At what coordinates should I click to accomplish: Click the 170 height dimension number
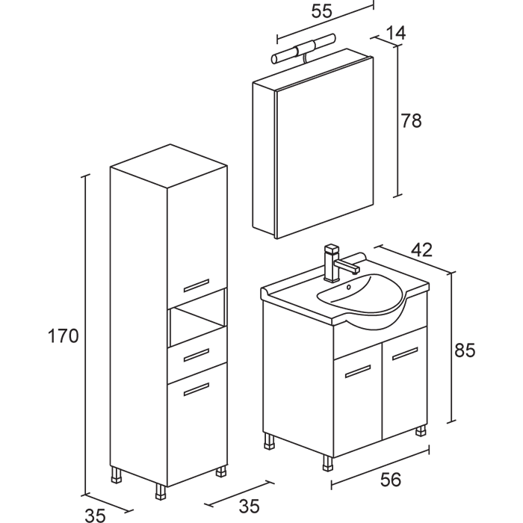click(x=63, y=336)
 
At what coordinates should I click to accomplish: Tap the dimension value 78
click(x=411, y=120)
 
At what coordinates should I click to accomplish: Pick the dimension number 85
click(x=465, y=350)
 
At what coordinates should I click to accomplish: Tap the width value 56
click(x=386, y=479)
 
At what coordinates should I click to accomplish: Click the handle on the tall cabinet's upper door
click(x=196, y=285)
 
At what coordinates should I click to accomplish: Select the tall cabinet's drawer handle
click(x=196, y=353)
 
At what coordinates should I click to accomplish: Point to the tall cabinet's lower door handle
click(x=196, y=388)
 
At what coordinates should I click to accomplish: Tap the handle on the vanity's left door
click(x=358, y=371)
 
